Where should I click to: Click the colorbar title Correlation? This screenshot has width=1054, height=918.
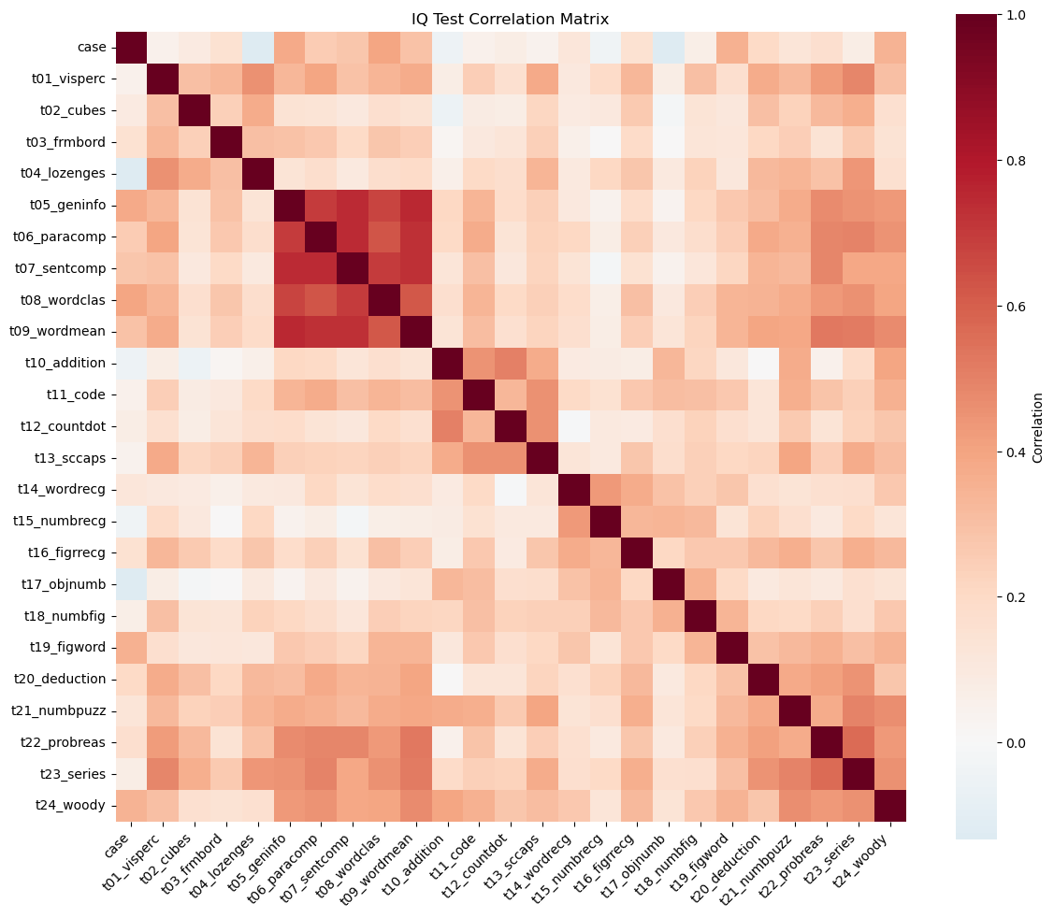1038,427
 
